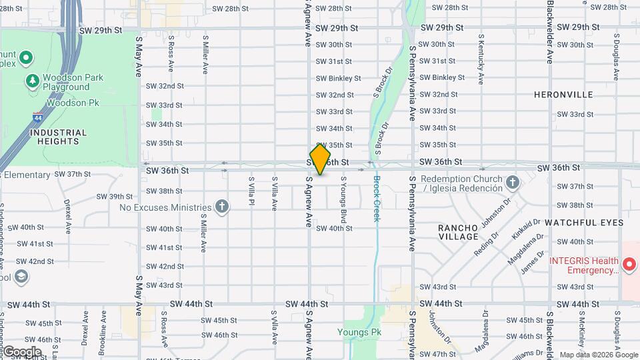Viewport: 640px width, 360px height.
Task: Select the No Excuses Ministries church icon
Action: pyautogui.click(x=222, y=207)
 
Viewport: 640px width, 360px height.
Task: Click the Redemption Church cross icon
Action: pyautogui.click(x=512, y=182)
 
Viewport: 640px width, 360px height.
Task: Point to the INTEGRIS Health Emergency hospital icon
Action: pyautogui.click(x=629, y=265)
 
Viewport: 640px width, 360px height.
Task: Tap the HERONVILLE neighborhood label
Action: pyautogui.click(x=563, y=95)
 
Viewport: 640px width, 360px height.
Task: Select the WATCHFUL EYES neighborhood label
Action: pyautogui.click(x=584, y=222)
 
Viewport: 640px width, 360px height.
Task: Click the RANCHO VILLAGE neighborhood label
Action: pyautogui.click(x=458, y=232)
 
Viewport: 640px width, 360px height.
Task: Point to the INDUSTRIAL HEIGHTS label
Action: pyautogui.click(x=58, y=137)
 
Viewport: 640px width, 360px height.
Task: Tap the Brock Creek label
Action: pyautogui.click(x=376, y=199)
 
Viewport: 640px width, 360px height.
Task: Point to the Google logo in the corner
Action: pyautogui.click(x=22, y=351)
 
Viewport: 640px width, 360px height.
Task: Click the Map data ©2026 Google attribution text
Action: pyautogui.click(x=599, y=355)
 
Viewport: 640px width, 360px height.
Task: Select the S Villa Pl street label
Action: pyautogui.click(x=251, y=189)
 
